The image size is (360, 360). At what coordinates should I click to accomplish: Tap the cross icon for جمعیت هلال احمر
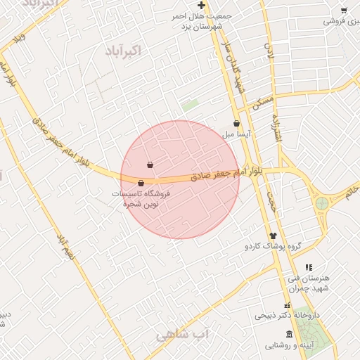(x=201, y=6)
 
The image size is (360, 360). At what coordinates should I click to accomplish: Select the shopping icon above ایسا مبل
(x=236, y=124)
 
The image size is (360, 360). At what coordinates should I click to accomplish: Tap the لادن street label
(x=269, y=51)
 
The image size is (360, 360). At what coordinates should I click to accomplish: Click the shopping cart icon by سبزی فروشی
(x=343, y=11)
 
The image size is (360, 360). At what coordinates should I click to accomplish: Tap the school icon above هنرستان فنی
(x=308, y=267)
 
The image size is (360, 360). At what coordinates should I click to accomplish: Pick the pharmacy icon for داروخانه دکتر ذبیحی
(x=287, y=306)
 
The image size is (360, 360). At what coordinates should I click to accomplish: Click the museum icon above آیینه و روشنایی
(x=290, y=333)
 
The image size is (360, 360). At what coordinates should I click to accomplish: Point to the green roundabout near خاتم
(x=321, y=204)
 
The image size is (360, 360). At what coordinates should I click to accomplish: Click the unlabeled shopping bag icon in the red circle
(x=150, y=165)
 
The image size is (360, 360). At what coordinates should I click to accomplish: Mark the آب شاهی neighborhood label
(x=183, y=335)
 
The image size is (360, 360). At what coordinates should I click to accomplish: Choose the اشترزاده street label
(x=278, y=130)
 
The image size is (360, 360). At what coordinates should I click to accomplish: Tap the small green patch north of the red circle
(x=190, y=106)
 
